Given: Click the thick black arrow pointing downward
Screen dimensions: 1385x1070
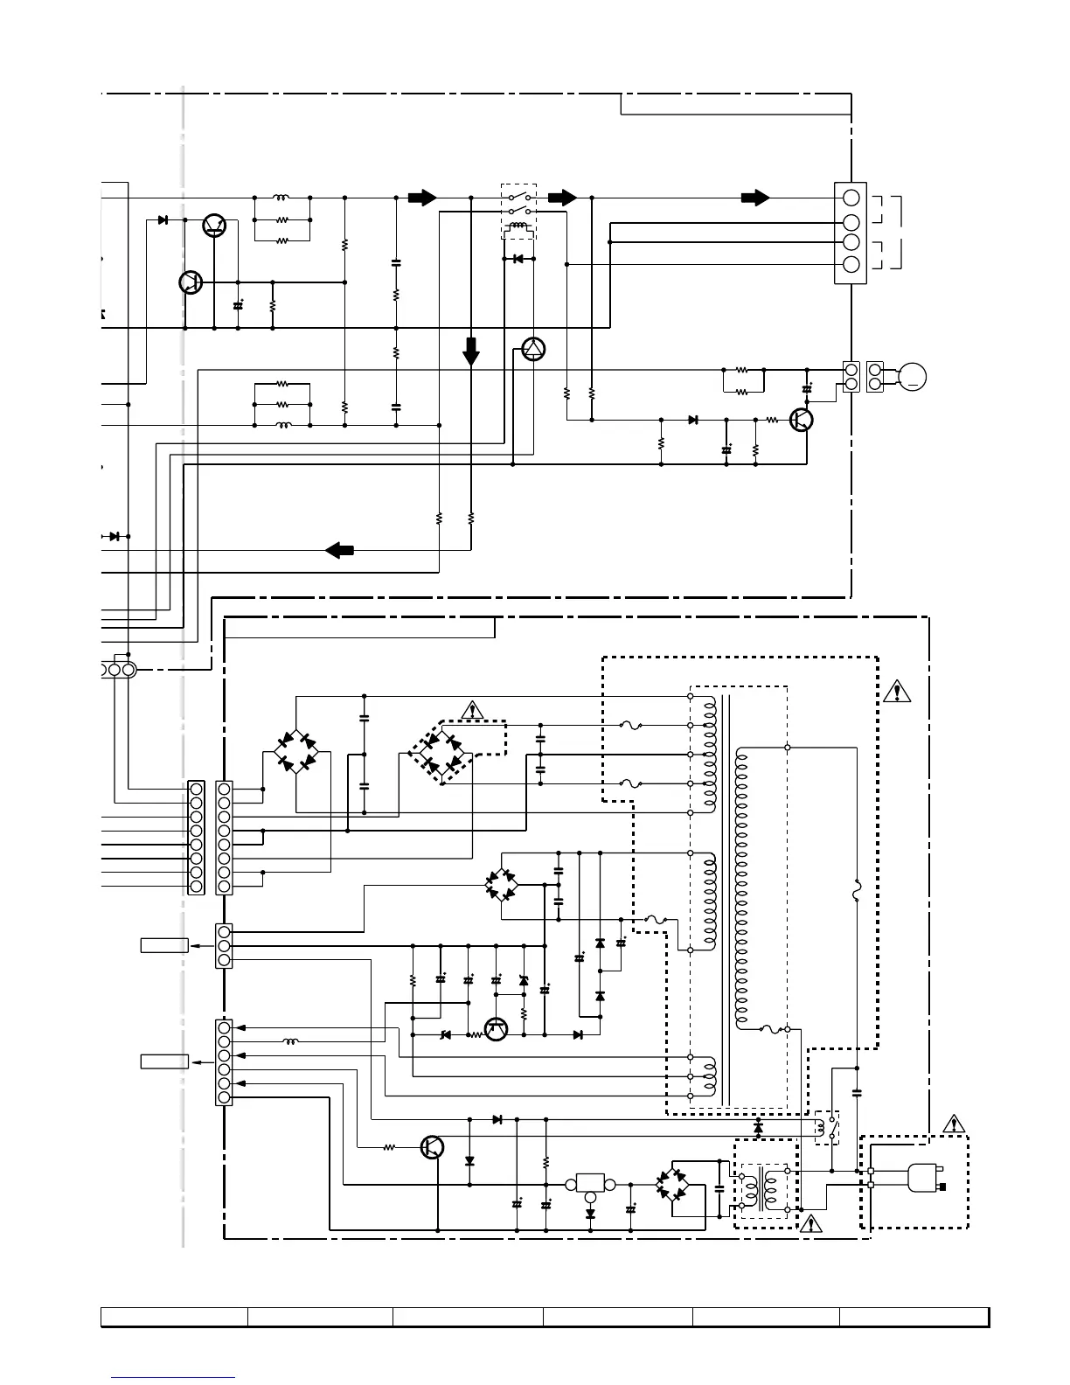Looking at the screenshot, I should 471,351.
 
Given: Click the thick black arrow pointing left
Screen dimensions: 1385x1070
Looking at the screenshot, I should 339,550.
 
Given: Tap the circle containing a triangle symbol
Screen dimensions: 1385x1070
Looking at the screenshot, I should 533,350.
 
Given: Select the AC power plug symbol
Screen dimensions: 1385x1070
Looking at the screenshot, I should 923,1177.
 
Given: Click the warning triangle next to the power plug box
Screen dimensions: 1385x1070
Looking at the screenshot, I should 955,1124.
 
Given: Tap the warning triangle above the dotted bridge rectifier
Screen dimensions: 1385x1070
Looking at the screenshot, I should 472,709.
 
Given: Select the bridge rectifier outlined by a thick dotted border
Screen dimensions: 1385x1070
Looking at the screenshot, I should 441,753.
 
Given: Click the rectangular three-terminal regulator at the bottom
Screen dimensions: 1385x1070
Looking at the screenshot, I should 590,1184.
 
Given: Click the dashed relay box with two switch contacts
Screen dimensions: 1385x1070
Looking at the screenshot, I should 518,212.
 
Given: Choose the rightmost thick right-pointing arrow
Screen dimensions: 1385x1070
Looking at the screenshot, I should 754,198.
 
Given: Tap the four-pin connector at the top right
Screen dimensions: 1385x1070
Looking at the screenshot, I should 850,233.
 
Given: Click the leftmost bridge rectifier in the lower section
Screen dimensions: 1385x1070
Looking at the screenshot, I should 296,752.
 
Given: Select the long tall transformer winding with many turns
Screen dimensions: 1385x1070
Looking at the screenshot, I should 742,887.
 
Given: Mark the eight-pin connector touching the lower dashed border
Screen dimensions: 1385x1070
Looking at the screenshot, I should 224,838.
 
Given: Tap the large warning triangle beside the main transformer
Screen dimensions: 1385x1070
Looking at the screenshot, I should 896,692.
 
